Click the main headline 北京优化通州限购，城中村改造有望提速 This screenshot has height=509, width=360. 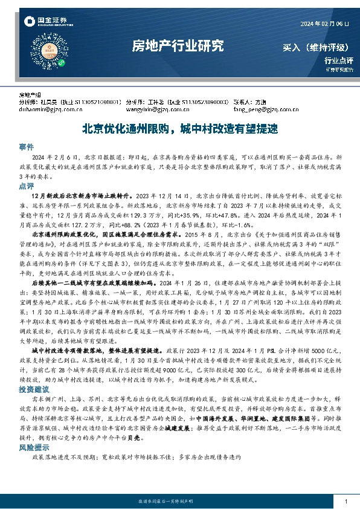coord(179,129)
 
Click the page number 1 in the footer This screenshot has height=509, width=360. coord(344,501)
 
